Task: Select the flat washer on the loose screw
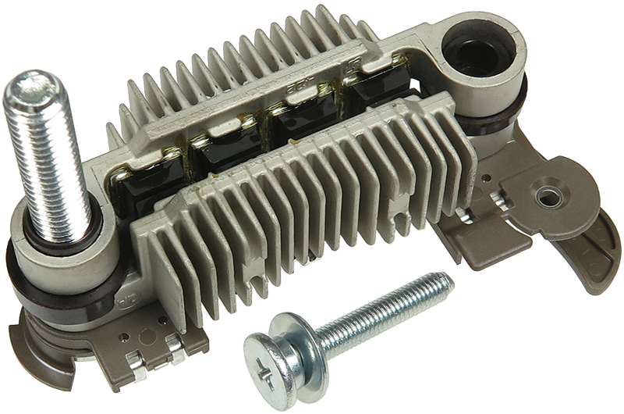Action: point(292,359)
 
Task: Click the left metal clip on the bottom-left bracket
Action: point(136,360)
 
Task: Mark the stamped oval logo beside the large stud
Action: point(124,299)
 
